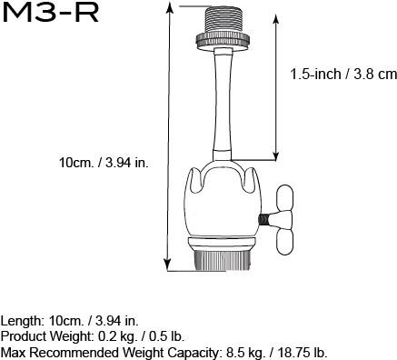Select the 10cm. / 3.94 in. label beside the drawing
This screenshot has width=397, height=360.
[x=104, y=162]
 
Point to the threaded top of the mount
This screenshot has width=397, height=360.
[x=223, y=19]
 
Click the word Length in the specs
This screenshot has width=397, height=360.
[x=21, y=321]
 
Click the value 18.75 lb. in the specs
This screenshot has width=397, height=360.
[x=301, y=352]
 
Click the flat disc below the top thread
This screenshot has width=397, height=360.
[x=223, y=39]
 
